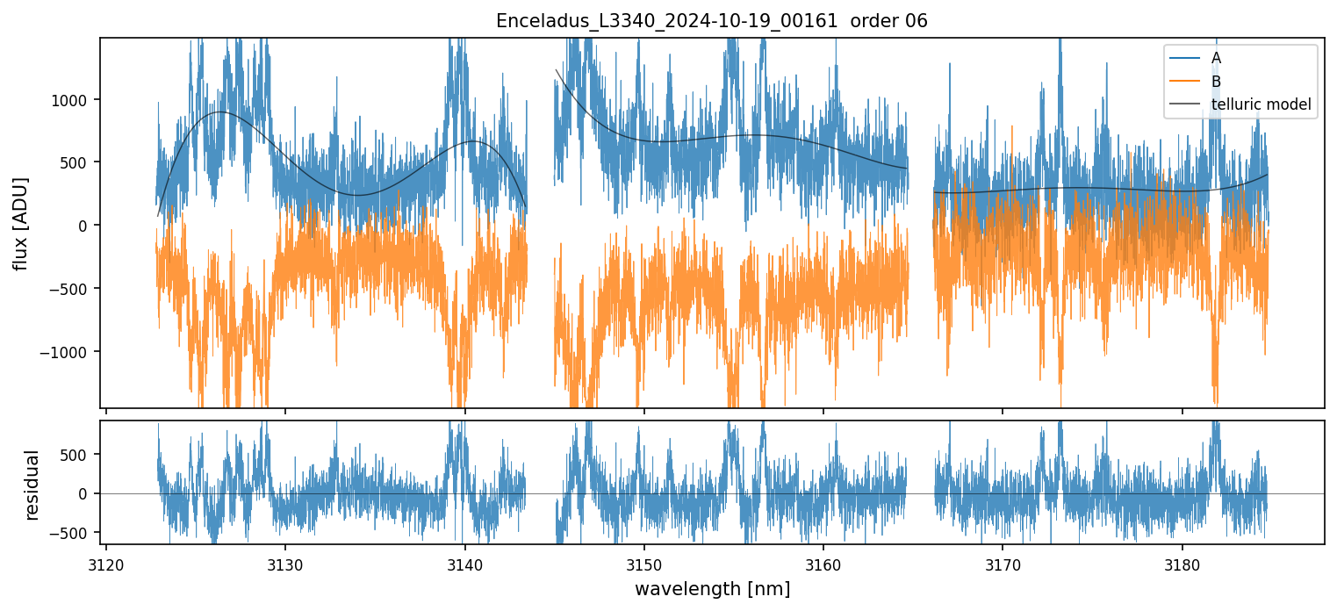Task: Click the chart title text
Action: coord(712,21)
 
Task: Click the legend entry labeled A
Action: coord(1216,58)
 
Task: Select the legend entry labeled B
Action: coord(1216,82)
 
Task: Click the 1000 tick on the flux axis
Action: coord(75,99)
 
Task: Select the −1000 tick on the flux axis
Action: coord(70,352)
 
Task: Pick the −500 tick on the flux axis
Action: coord(74,289)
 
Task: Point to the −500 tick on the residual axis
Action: coord(74,533)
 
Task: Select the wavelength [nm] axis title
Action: coord(712,588)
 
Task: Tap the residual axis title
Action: coord(32,485)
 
